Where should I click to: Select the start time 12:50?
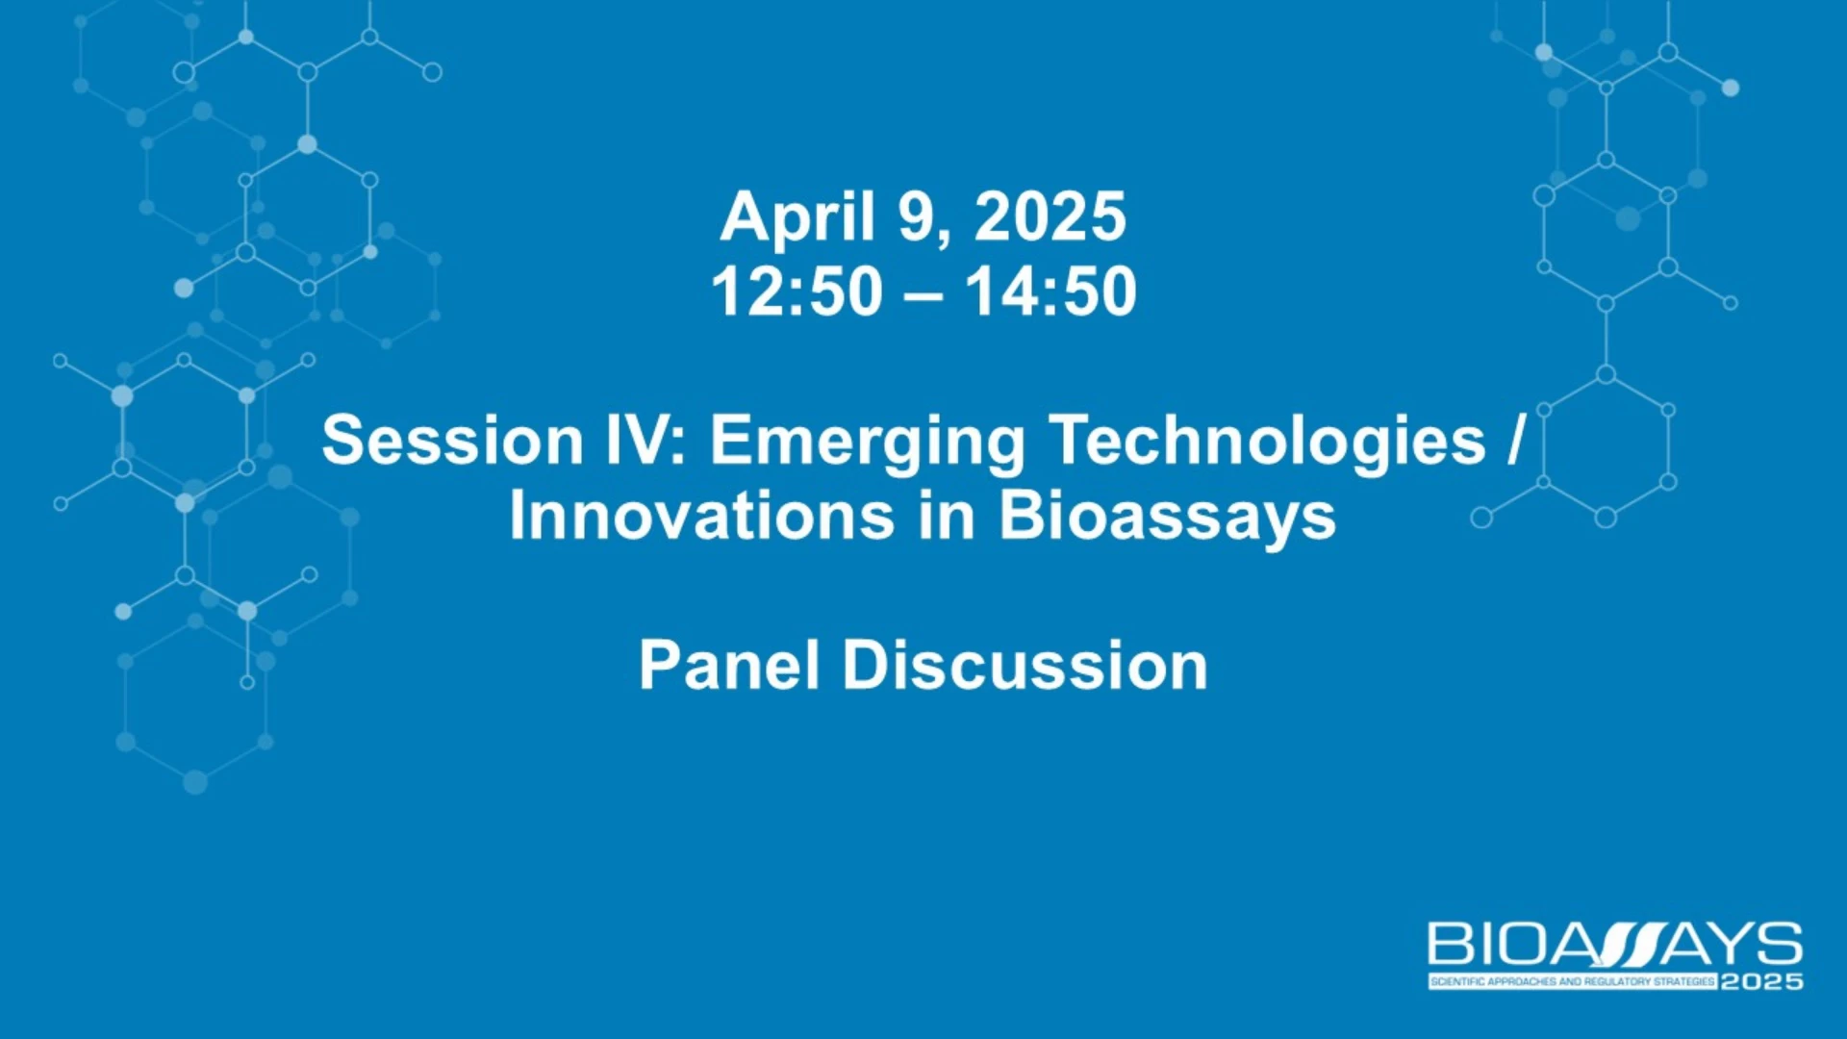point(797,291)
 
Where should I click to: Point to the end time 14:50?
point(1050,291)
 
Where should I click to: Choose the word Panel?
point(729,665)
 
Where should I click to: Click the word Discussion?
point(1025,665)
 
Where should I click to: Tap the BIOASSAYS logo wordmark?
point(1615,944)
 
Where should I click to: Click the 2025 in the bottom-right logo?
point(1761,981)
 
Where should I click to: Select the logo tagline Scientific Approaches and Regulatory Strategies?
point(1573,981)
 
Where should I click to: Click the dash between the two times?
point(923,292)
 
